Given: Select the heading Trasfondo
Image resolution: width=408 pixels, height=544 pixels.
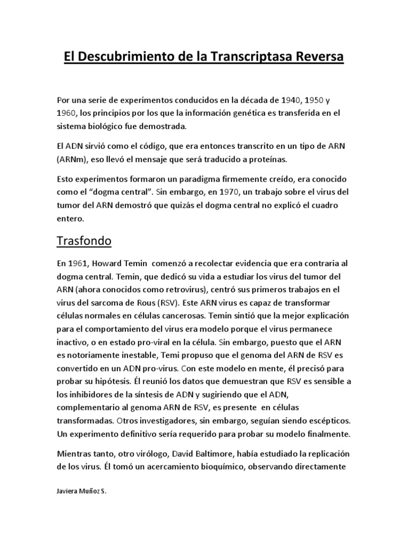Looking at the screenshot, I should point(84,241).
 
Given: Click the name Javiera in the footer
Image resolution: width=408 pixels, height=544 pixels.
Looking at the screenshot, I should point(67,492).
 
